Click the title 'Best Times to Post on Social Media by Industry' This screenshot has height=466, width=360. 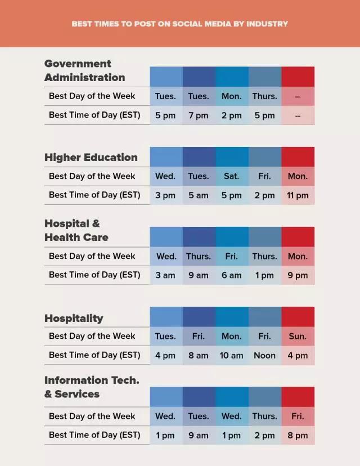coord(180,24)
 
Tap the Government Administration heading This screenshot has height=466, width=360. coord(85,70)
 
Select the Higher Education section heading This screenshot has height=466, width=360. coord(91,158)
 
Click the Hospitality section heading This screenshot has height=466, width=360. coord(74,319)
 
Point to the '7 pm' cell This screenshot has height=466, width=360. coord(199,115)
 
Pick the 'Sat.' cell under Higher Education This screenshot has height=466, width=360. coord(231,176)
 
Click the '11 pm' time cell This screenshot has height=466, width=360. coord(298,195)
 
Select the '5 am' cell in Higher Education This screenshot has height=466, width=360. coord(199,195)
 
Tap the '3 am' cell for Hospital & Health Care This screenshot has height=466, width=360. coord(165,275)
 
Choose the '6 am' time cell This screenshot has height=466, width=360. coord(231,275)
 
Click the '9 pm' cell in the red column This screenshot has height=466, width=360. coord(298,275)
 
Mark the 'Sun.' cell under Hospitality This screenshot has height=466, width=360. coord(298,337)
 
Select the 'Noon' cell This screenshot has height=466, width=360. coord(264,355)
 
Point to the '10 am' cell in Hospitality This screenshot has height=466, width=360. coord(231,355)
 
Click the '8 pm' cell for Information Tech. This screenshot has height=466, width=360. coord(298,435)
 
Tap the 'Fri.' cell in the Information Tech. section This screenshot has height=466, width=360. coord(298,416)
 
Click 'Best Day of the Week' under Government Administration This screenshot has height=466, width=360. coord(92,96)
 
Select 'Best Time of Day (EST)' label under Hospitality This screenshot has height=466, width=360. coord(94,355)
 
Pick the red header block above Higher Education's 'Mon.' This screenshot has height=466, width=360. coord(298,156)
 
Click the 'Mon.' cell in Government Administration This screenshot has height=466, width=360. coord(231,96)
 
